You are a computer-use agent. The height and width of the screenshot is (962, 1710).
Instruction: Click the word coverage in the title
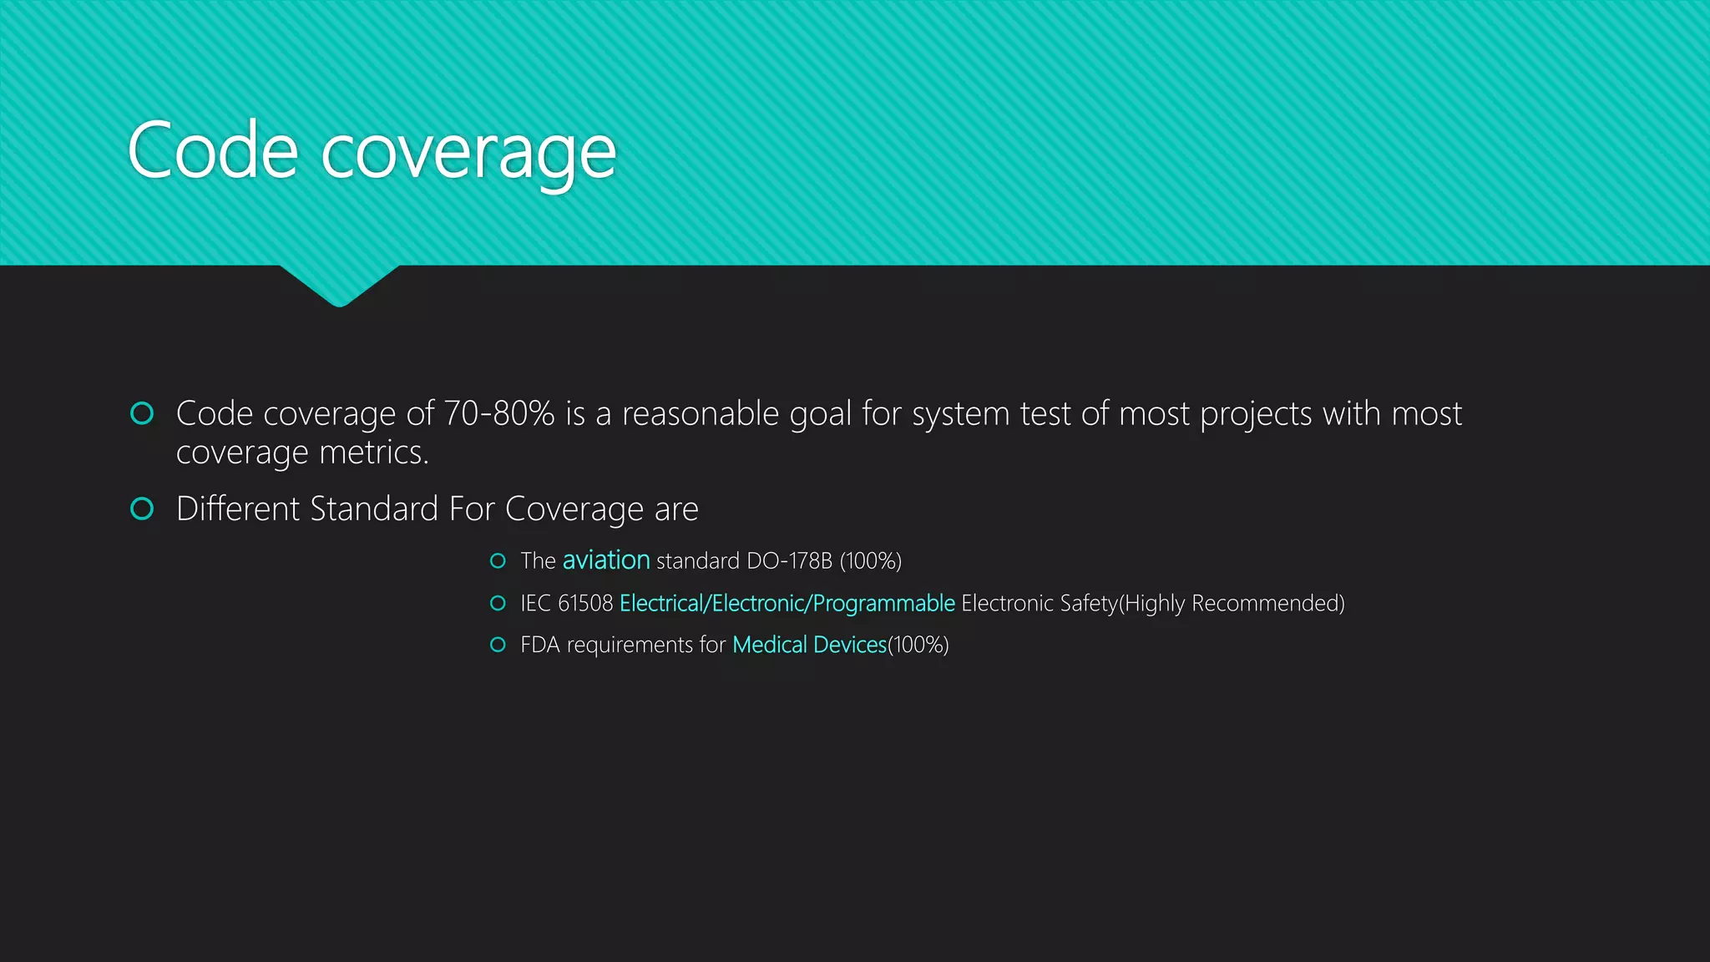click(x=468, y=154)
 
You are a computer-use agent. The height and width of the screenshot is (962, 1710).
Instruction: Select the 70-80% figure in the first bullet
click(x=498, y=413)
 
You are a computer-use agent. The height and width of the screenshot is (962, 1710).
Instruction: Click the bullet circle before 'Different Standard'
click(x=143, y=509)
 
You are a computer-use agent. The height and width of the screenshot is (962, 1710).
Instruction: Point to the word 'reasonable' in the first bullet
click(x=700, y=413)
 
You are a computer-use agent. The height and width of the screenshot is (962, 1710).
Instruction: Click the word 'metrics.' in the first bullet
click(x=374, y=453)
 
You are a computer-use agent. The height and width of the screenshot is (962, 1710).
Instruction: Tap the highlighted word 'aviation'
click(x=606, y=560)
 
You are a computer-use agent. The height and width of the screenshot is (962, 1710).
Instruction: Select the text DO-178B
click(x=789, y=560)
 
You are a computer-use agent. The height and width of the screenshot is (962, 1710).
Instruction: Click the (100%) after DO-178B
click(x=871, y=560)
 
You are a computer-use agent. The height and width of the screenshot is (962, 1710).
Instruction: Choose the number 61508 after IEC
click(x=585, y=603)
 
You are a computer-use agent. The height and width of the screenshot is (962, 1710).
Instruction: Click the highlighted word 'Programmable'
click(x=883, y=603)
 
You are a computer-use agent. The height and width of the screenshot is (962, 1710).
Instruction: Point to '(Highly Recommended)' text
click(x=1232, y=603)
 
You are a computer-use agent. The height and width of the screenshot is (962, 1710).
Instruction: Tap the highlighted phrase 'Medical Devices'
click(x=809, y=645)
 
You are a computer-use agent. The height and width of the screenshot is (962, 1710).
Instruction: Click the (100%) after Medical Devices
click(x=918, y=645)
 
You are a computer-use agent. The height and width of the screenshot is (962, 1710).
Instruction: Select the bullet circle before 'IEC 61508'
click(x=498, y=603)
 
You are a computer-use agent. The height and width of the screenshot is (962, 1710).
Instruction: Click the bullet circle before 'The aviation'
click(x=498, y=560)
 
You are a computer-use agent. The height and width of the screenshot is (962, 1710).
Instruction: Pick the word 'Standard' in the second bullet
click(x=374, y=509)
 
